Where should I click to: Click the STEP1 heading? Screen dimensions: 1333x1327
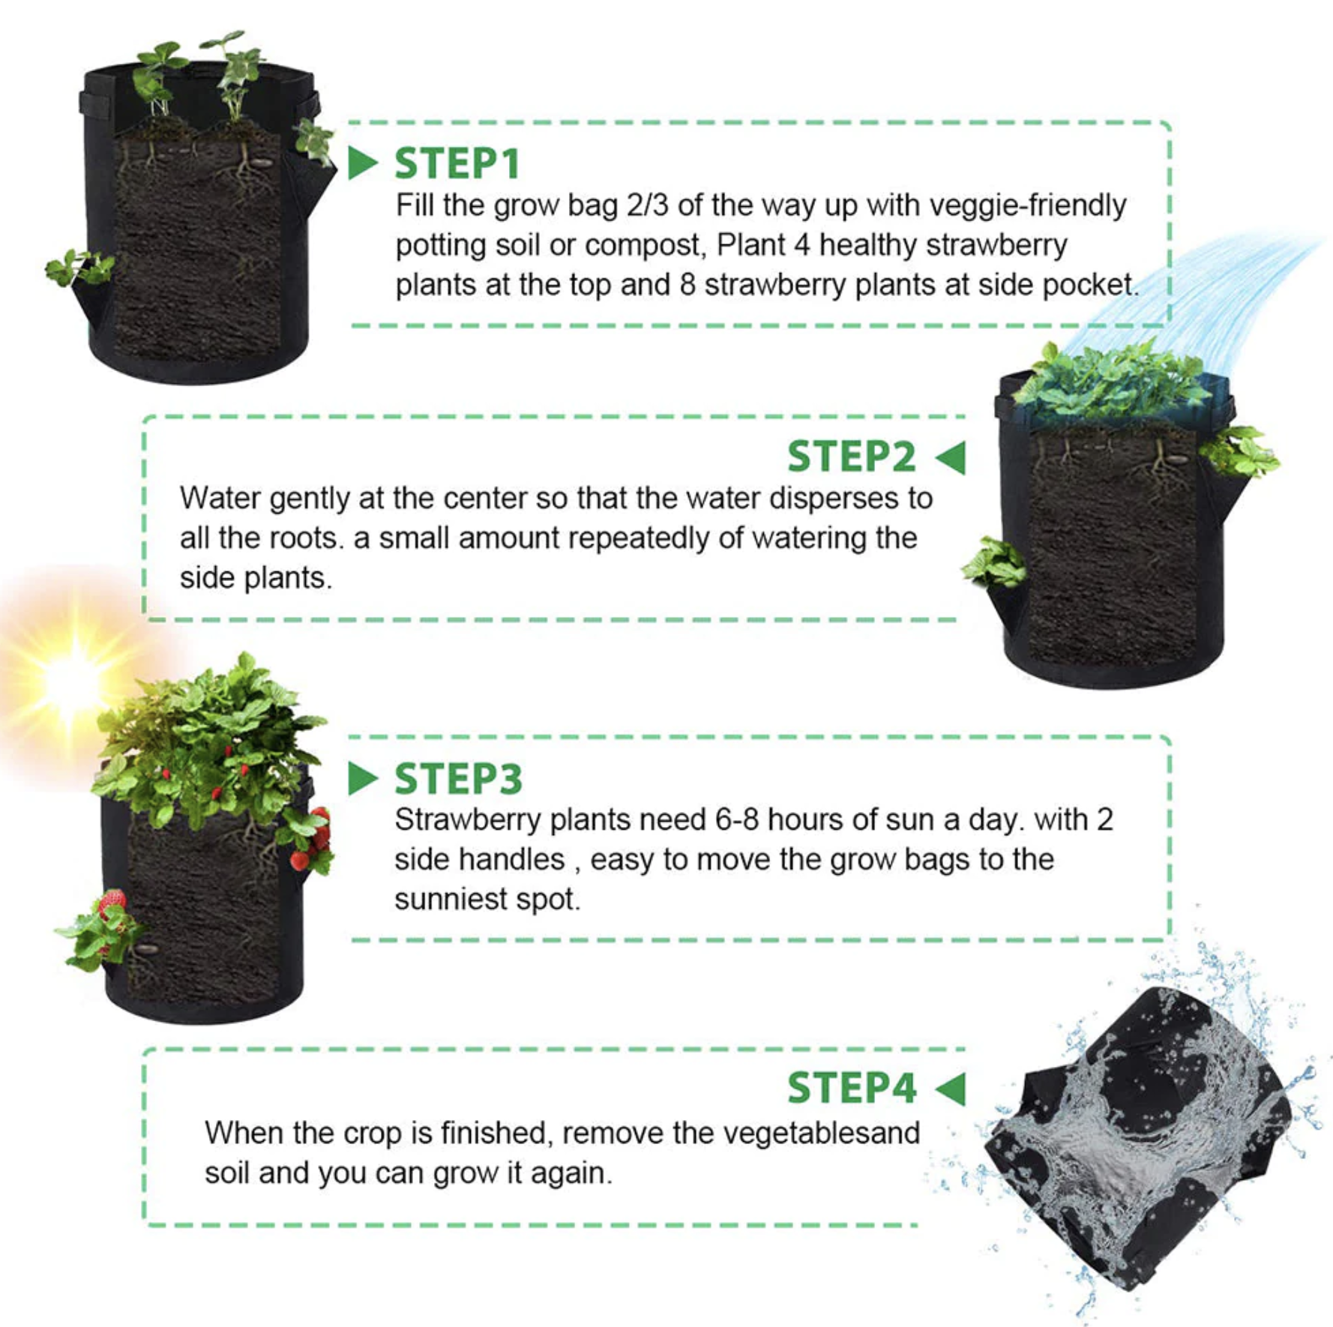(x=457, y=163)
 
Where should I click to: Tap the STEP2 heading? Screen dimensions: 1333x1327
(x=852, y=457)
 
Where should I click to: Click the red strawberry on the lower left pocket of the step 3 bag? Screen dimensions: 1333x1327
(x=112, y=902)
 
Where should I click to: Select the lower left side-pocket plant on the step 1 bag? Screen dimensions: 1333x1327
(x=79, y=268)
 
